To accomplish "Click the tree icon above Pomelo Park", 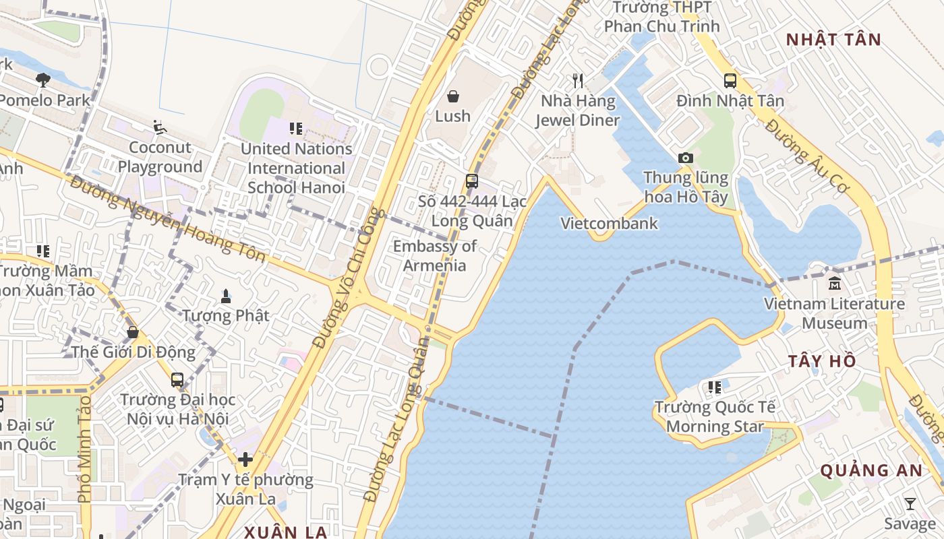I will [43, 80].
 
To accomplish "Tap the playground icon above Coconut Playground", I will [160, 127].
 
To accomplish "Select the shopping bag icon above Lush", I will [453, 96].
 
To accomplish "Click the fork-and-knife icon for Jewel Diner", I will [577, 81].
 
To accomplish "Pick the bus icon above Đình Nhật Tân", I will [730, 81].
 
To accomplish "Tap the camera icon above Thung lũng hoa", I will [686, 158].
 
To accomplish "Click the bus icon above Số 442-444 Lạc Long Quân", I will [471, 181].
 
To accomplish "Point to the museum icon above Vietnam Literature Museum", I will [835, 283].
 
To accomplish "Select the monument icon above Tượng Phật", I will [225, 295].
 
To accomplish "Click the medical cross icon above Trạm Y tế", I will [245, 460].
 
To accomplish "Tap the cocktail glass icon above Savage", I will [910, 503].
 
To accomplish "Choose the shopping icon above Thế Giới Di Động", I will [133, 331].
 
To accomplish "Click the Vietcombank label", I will [609, 223].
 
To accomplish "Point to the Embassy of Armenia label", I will [435, 256].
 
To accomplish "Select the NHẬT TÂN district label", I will [833, 40].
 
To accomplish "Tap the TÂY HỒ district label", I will [822, 361].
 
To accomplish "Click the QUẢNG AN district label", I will [871, 470].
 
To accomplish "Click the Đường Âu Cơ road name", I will [806, 156].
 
